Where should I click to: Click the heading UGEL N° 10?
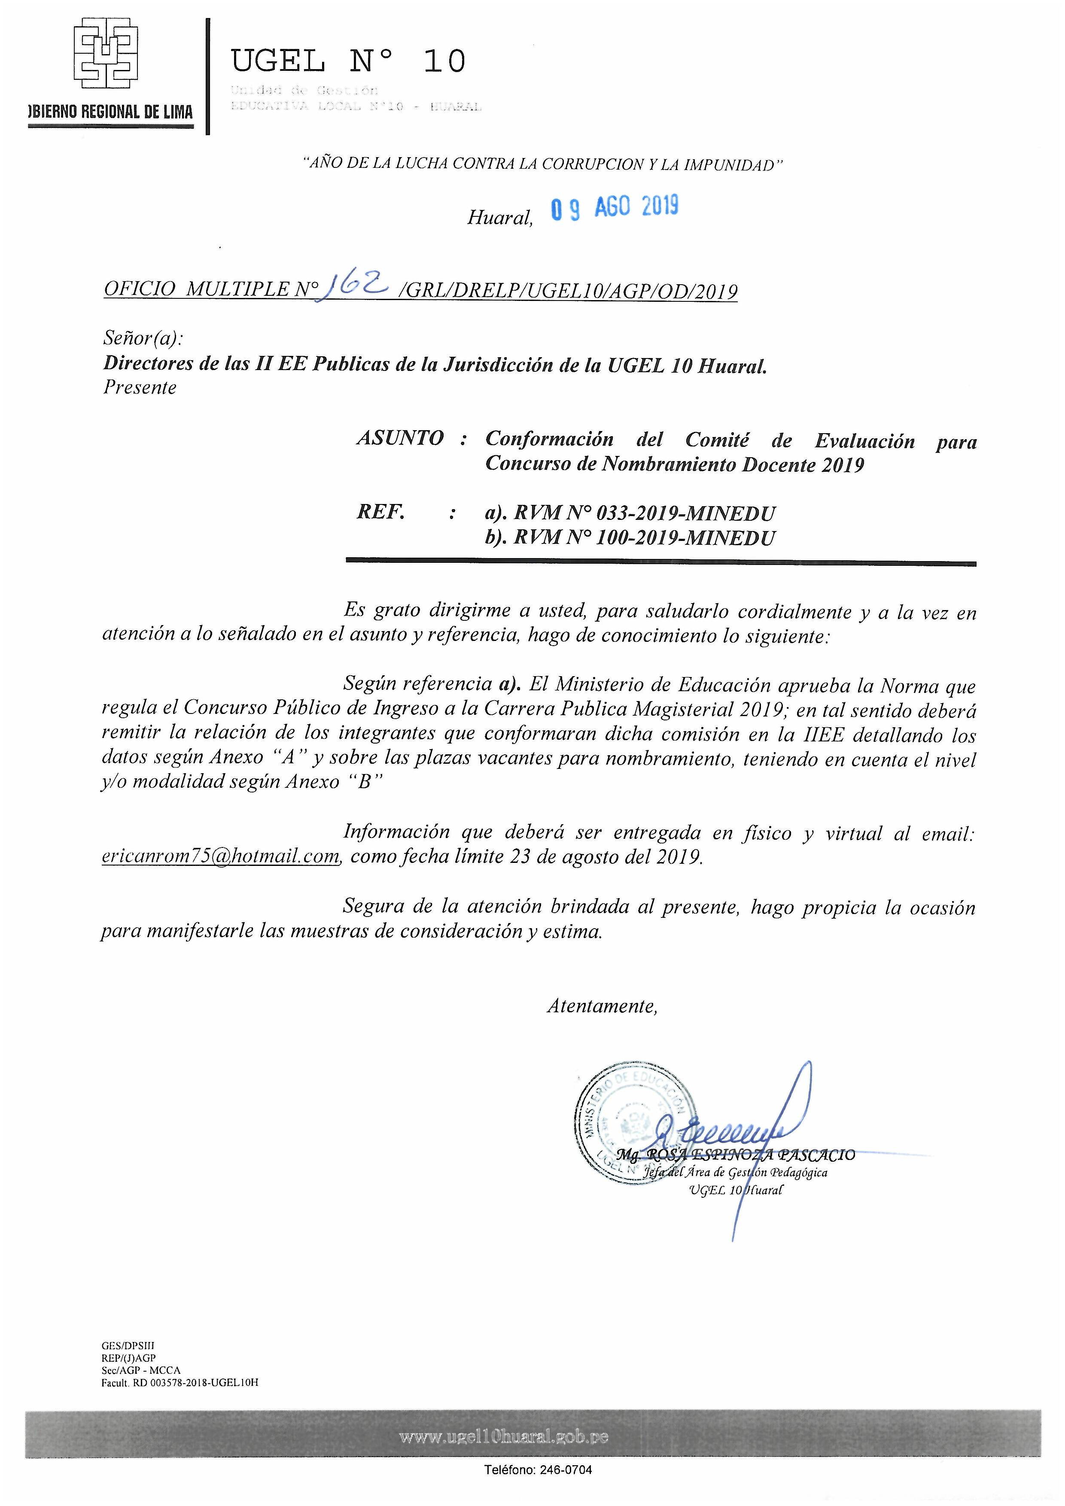coord(348,62)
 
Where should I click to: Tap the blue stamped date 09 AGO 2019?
coord(614,207)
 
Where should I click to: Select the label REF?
coord(380,512)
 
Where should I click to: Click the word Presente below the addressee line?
coord(140,388)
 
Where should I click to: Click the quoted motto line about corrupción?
coord(542,164)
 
